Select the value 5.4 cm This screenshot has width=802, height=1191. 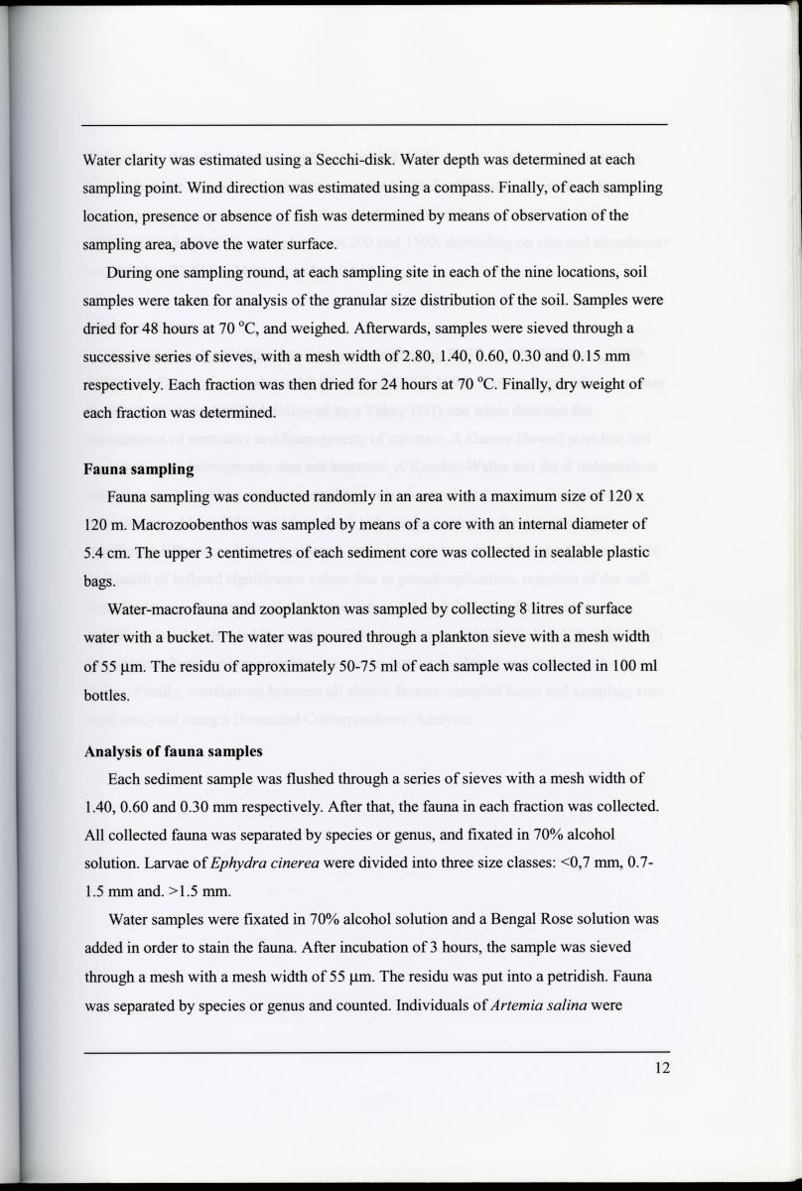[103, 553]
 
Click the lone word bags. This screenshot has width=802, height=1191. [96, 583]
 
